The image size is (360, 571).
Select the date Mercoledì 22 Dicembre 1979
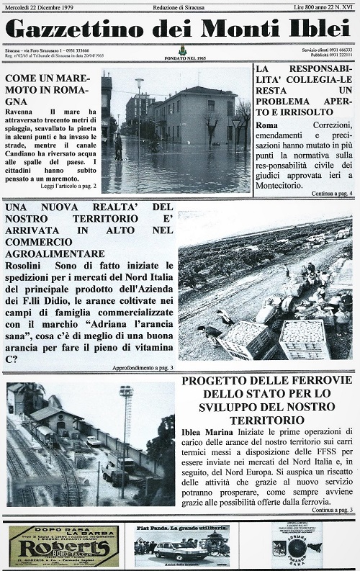[40, 6]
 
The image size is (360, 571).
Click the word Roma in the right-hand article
[266, 125]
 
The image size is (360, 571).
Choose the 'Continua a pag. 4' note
[331, 193]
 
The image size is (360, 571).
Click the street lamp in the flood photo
[139, 108]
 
